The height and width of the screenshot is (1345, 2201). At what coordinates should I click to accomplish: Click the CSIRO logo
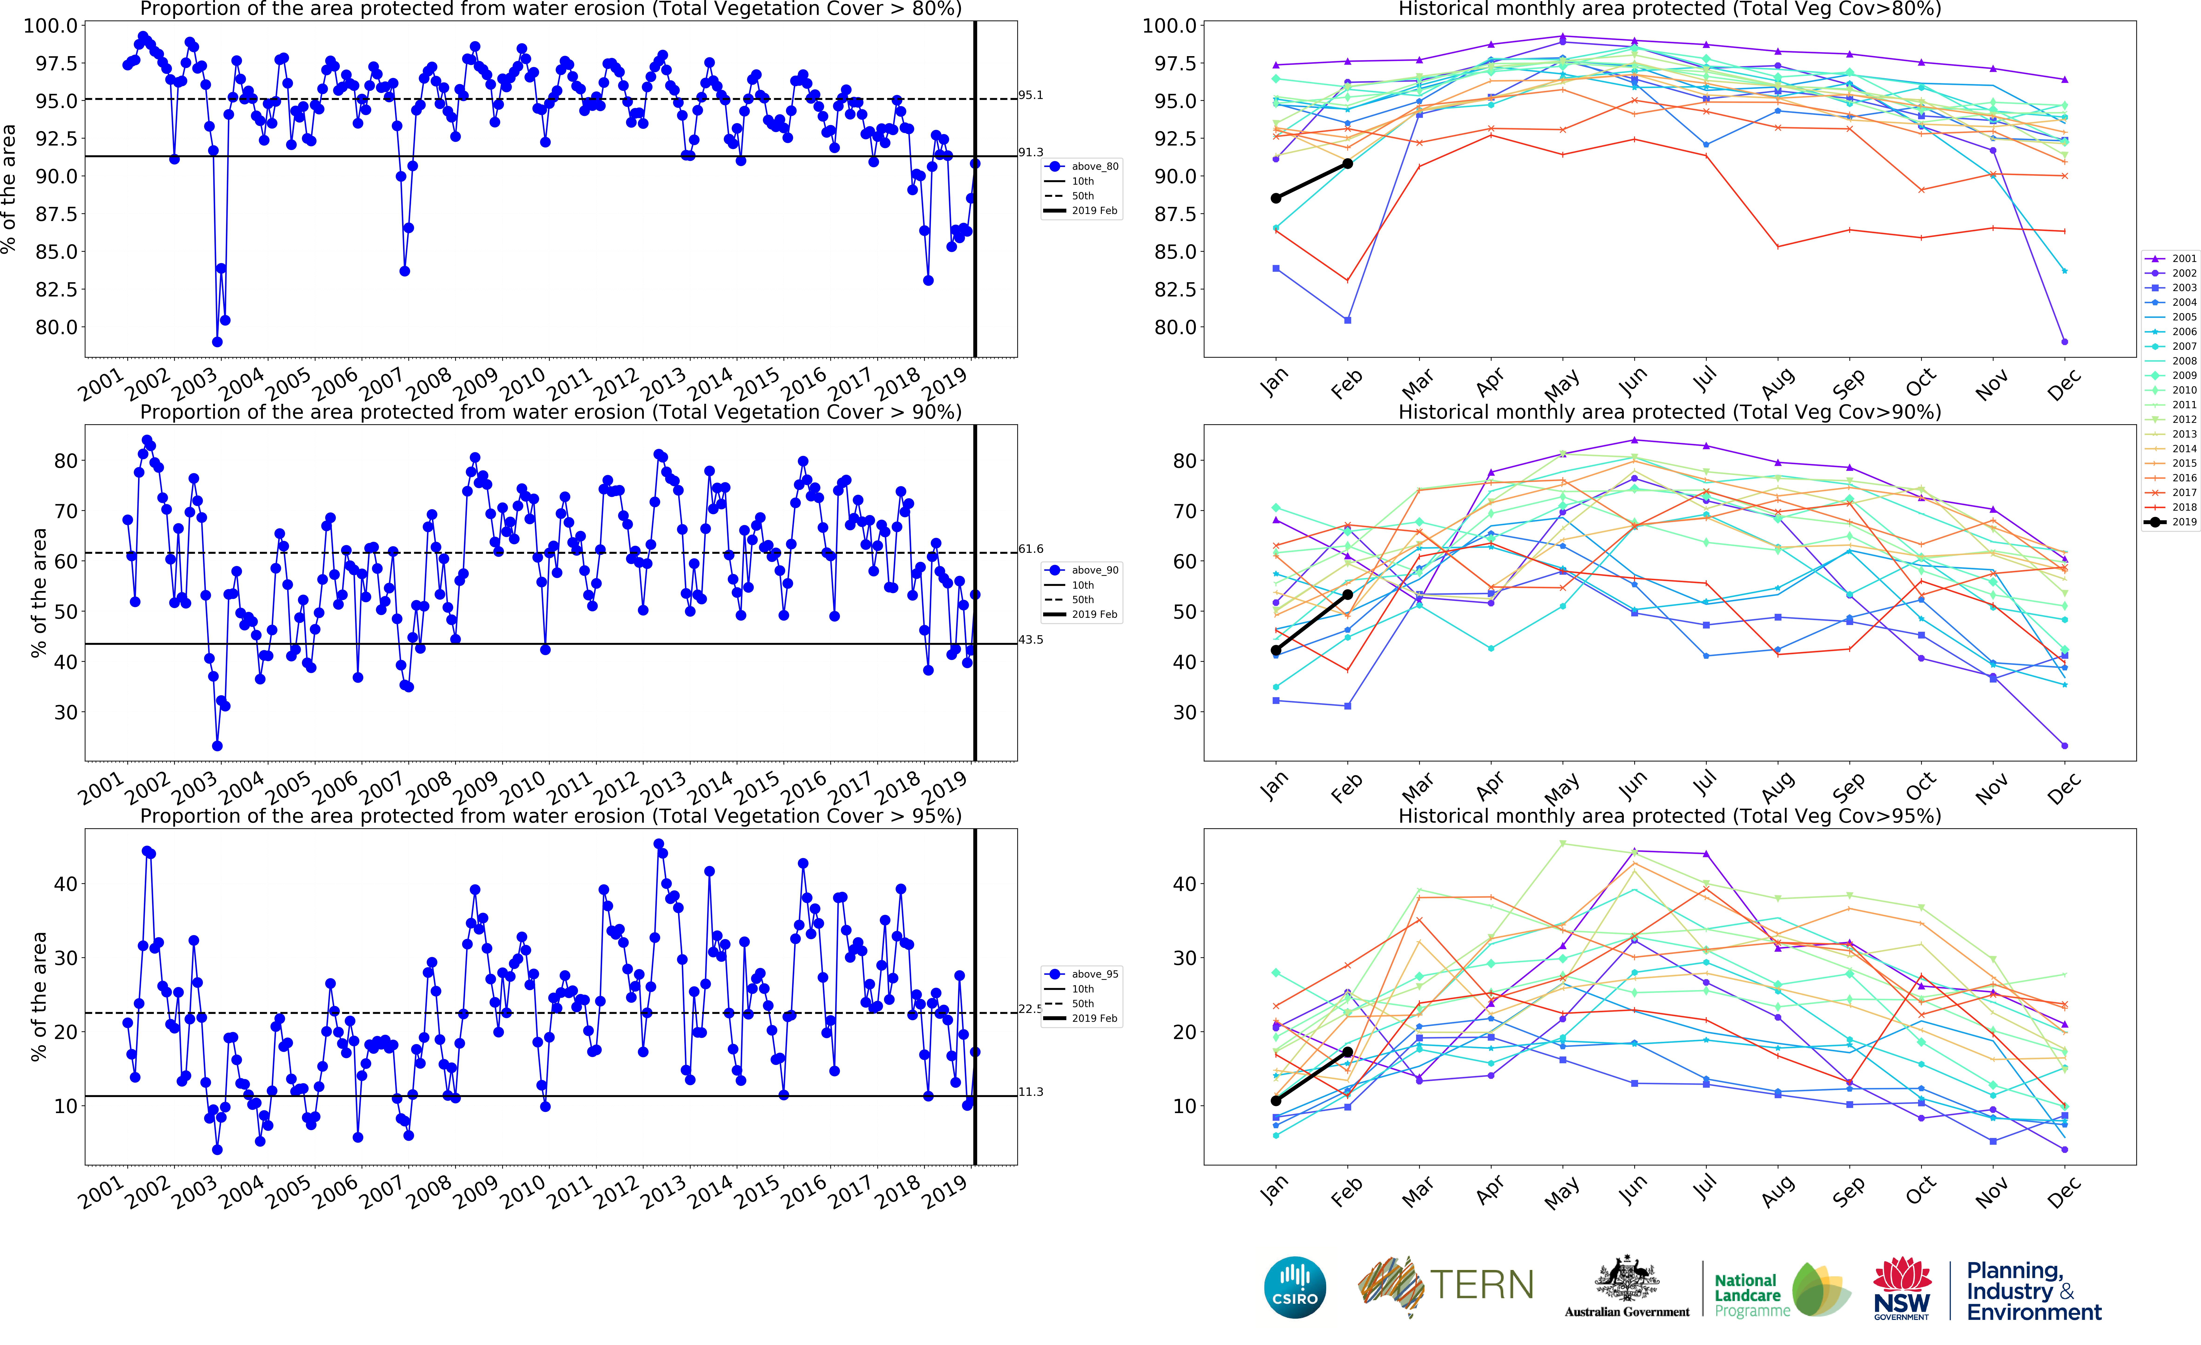pyautogui.click(x=1294, y=1287)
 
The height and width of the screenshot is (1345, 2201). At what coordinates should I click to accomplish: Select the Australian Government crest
pyautogui.click(x=1627, y=1279)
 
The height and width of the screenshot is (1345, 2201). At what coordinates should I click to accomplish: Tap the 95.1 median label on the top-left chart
pyautogui.click(x=1031, y=95)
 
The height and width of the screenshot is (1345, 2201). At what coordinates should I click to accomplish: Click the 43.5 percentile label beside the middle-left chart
pyautogui.click(x=1031, y=639)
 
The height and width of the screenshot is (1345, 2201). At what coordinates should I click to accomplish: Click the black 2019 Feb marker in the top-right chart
pyautogui.click(x=1347, y=163)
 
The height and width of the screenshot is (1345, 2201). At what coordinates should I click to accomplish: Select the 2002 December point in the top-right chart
pyautogui.click(x=2064, y=341)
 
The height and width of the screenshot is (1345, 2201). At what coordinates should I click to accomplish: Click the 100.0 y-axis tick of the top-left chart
pyautogui.click(x=50, y=25)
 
